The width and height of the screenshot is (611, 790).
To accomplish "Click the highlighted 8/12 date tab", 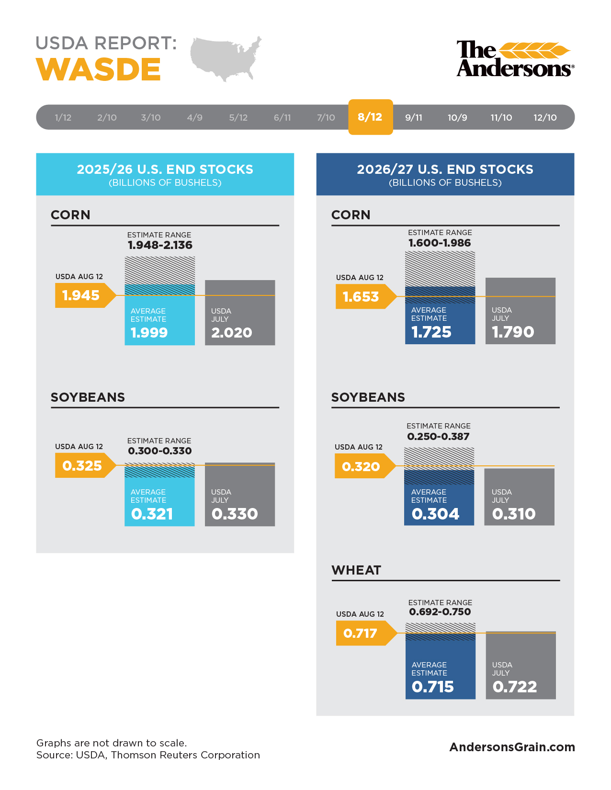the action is (370, 117).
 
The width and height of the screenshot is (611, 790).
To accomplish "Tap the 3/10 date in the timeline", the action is (150, 117).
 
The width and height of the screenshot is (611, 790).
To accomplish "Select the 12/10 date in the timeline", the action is (544, 117).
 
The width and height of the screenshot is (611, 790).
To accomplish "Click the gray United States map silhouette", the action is (226, 58).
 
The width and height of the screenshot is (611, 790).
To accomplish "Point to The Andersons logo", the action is (515, 58).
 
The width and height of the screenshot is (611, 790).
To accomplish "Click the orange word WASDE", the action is (98, 69).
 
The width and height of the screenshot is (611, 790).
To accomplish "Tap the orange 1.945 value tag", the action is (85, 295).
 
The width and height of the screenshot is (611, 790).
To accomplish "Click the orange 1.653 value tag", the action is (366, 296).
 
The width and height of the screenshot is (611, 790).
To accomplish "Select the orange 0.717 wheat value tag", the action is (366, 633).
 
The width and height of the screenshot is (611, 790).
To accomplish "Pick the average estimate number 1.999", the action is (149, 332).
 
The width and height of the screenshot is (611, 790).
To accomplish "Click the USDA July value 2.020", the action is (232, 332).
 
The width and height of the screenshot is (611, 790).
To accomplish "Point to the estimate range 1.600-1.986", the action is (440, 243).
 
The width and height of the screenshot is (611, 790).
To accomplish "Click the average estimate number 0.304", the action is (435, 514).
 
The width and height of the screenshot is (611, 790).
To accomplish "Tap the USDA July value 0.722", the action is (514, 687).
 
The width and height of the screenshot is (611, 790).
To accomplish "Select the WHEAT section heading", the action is (356, 570).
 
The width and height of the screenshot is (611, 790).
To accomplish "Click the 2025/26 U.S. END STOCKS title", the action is (165, 169).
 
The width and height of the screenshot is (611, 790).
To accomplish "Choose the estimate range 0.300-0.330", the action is (159, 451).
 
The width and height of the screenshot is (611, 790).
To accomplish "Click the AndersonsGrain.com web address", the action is (512, 747).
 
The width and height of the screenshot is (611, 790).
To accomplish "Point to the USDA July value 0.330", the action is (235, 514).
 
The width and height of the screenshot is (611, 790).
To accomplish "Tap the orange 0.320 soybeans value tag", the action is (365, 466).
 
